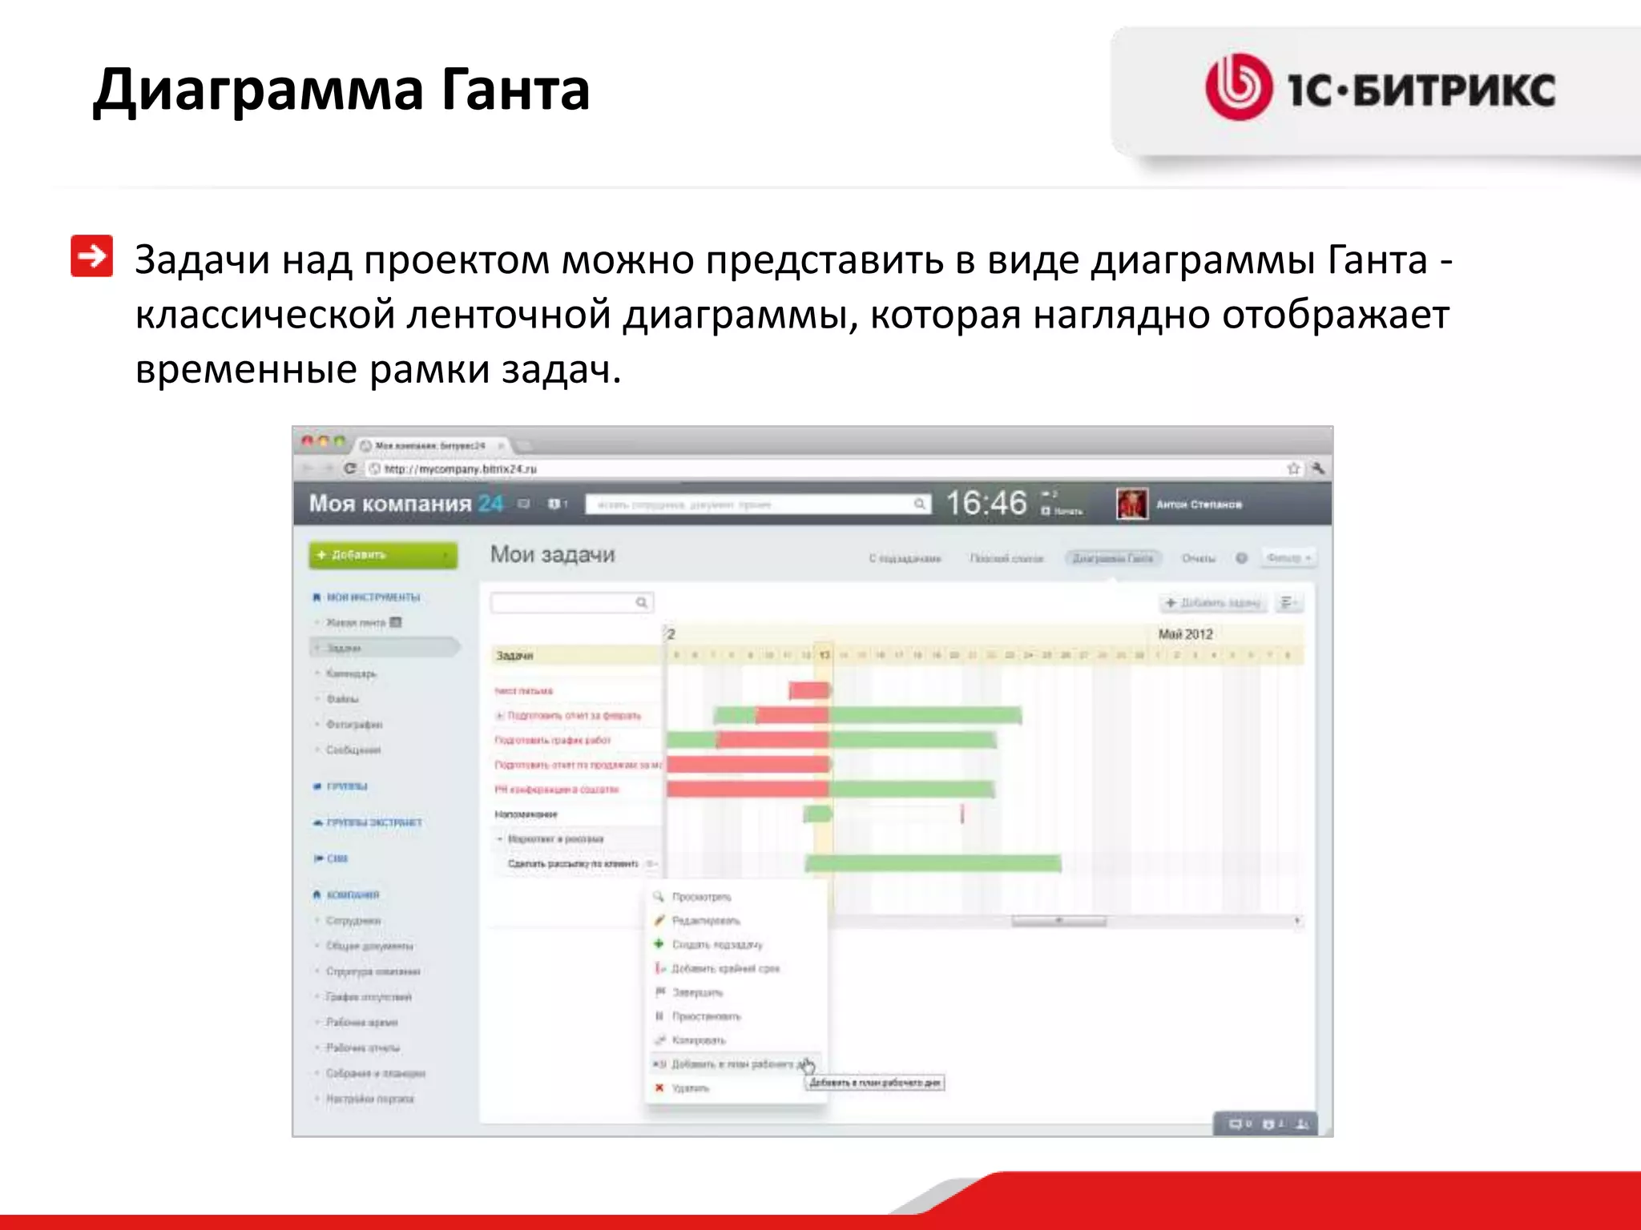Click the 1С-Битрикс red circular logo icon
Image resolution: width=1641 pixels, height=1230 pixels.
pyautogui.click(x=1238, y=87)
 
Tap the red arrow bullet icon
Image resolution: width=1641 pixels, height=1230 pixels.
pyautogui.click(x=91, y=256)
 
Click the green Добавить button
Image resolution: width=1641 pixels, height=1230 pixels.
pyautogui.click(x=383, y=555)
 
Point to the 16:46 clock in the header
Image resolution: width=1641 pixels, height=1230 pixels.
pyautogui.click(x=986, y=504)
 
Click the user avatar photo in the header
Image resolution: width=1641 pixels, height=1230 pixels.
pyautogui.click(x=1131, y=504)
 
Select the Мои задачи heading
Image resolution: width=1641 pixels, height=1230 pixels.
pyautogui.click(x=552, y=554)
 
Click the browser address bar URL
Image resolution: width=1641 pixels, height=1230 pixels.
pyautogui.click(x=460, y=468)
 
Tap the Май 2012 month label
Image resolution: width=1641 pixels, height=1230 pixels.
pyautogui.click(x=1185, y=634)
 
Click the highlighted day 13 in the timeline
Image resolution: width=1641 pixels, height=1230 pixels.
pyautogui.click(x=824, y=655)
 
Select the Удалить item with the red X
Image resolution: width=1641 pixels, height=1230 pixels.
pyautogui.click(x=689, y=1088)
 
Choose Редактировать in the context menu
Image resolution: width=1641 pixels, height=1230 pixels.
pyautogui.click(x=705, y=921)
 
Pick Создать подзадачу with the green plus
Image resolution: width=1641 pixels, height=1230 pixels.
pyautogui.click(x=716, y=945)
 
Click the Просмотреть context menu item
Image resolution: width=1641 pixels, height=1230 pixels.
pyautogui.click(x=701, y=897)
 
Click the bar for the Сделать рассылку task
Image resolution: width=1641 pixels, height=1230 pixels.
pyautogui.click(x=933, y=863)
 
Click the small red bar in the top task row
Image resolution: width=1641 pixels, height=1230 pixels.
pyautogui.click(x=808, y=690)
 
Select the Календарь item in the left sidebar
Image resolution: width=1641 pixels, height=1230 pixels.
pyautogui.click(x=351, y=673)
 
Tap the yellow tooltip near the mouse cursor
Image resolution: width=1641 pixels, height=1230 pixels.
pyautogui.click(x=875, y=1083)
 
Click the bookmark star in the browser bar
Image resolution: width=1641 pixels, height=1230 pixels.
pyautogui.click(x=1292, y=468)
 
